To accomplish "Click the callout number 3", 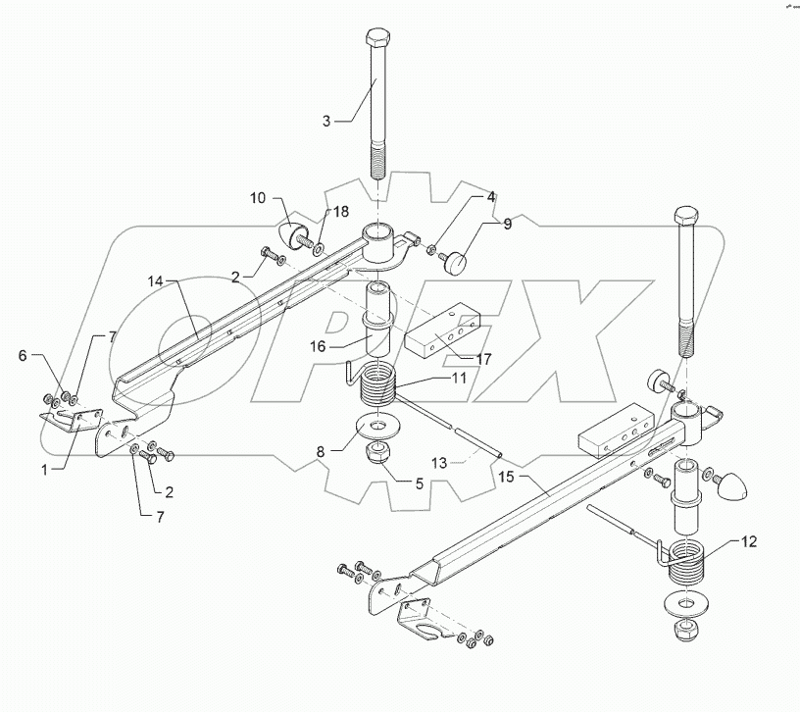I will (x=326, y=121).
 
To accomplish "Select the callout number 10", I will (x=257, y=199).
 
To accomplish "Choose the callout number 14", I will (x=155, y=281).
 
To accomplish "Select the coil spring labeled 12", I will (x=685, y=563).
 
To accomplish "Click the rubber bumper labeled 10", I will (x=292, y=236).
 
